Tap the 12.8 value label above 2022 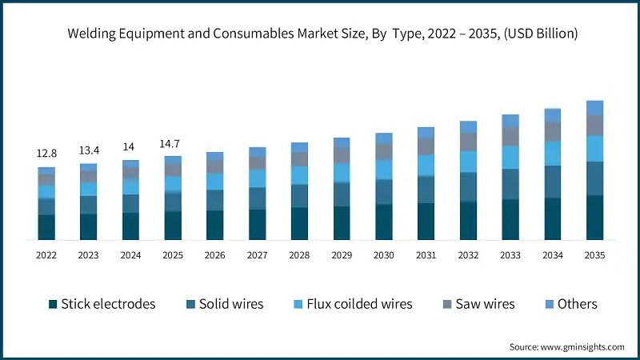[46, 153]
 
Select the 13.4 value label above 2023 [89, 150]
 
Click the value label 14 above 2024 [130, 147]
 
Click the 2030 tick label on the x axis [384, 255]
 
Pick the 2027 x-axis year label [258, 255]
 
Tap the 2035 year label [594, 255]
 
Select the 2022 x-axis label [46, 255]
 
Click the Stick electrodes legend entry [102, 304]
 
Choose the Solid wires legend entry [226, 304]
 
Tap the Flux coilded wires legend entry [350, 304]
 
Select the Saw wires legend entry [477, 304]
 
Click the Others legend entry [570, 304]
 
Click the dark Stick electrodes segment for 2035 [594, 218]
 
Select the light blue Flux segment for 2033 [510, 158]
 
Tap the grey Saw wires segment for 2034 [553, 131]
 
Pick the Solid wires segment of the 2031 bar [426, 190]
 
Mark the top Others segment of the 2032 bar [468, 126]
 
